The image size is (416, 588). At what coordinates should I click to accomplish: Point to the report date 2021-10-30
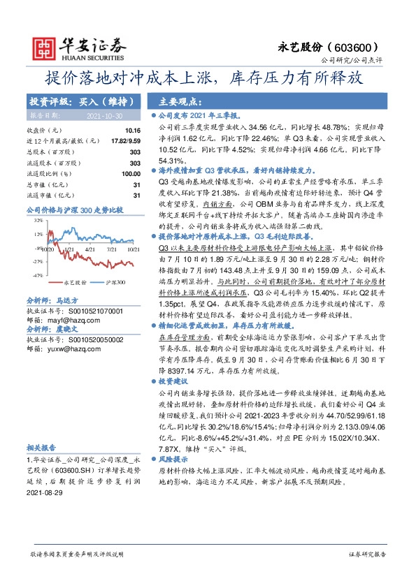coord(106,115)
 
